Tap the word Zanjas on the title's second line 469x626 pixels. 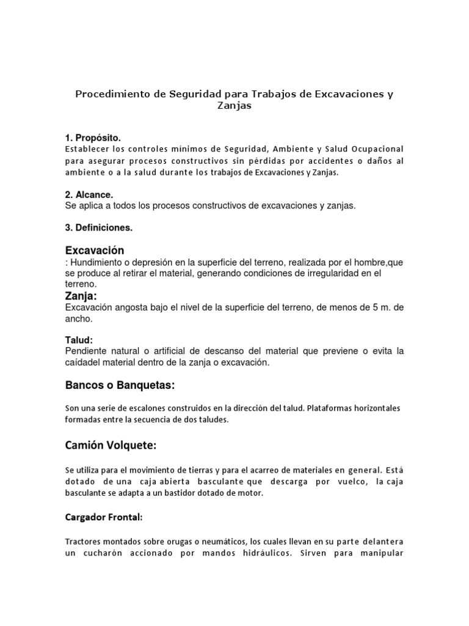point(234,106)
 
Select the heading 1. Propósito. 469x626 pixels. point(97,137)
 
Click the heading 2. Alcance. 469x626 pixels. point(89,194)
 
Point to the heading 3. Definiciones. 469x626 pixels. point(99,228)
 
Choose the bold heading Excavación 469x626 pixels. point(95,251)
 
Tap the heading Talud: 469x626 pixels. point(79,340)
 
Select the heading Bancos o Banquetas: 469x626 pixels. point(120,386)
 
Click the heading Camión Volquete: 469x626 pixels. point(111,446)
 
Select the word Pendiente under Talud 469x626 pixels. point(85,352)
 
